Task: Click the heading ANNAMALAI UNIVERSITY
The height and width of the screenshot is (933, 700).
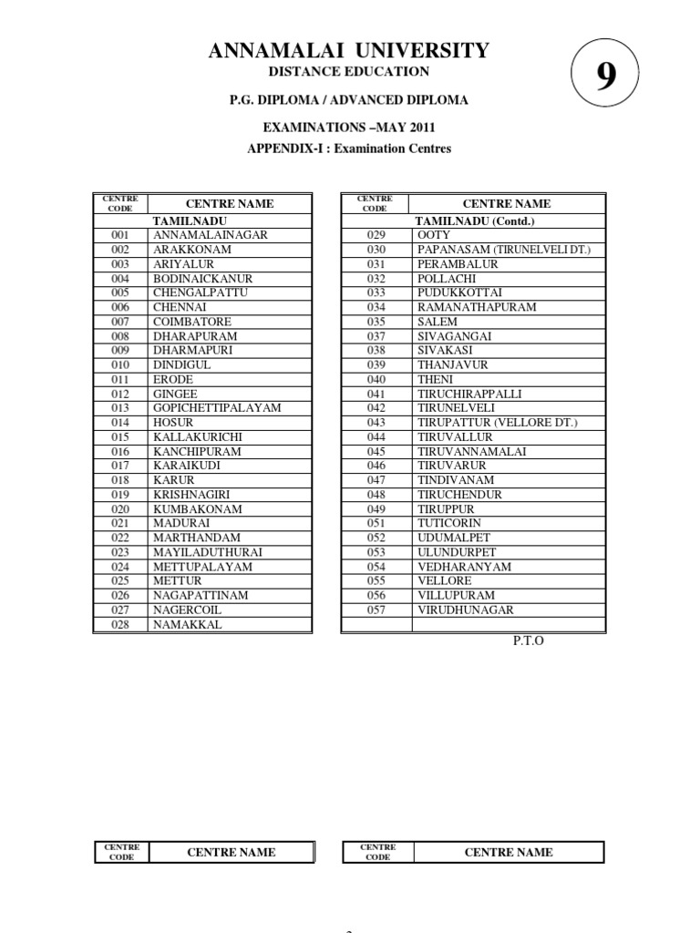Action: click(x=349, y=51)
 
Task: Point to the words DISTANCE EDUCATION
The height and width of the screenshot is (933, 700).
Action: click(x=349, y=71)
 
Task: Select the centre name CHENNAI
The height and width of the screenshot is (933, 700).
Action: click(x=180, y=307)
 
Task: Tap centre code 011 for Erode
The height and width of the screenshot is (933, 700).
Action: click(x=120, y=379)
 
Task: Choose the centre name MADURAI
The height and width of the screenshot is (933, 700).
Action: click(x=181, y=523)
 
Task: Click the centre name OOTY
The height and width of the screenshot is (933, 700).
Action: click(x=433, y=235)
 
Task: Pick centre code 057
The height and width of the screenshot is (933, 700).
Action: click(x=376, y=610)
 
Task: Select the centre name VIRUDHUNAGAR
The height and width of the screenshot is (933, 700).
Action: click(x=465, y=610)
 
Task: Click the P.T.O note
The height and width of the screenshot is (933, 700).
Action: click(x=528, y=641)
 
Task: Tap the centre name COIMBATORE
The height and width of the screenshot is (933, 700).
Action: click(x=191, y=322)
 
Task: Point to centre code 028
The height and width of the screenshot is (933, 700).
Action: click(x=120, y=625)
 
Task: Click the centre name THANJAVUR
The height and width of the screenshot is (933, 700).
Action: click(x=453, y=364)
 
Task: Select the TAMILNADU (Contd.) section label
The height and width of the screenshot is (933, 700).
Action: click(x=474, y=220)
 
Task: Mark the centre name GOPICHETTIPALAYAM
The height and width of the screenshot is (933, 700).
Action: click(x=217, y=407)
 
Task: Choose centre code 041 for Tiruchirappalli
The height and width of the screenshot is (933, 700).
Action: click(x=376, y=394)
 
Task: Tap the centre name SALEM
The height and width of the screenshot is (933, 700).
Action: click(x=437, y=322)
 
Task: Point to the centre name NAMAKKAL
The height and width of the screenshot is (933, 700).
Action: click(x=187, y=625)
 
